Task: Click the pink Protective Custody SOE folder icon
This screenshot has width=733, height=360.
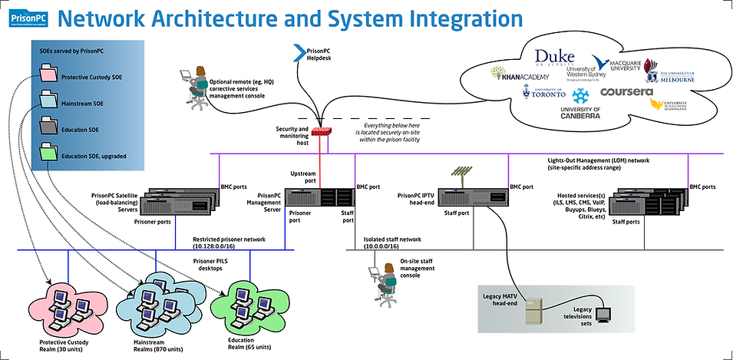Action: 48,75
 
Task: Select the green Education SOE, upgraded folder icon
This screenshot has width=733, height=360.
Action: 48,154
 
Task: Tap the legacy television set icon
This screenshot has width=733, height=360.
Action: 604,314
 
